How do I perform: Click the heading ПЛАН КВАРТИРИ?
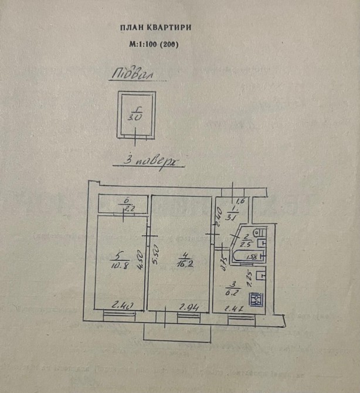[155, 28]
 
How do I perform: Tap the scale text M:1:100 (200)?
[153, 45]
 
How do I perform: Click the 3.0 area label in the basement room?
[134, 116]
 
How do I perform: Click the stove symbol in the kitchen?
[256, 300]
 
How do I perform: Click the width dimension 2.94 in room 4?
[187, 307]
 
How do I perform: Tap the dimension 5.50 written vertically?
[156, 257]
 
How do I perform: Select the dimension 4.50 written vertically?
[141, 259]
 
